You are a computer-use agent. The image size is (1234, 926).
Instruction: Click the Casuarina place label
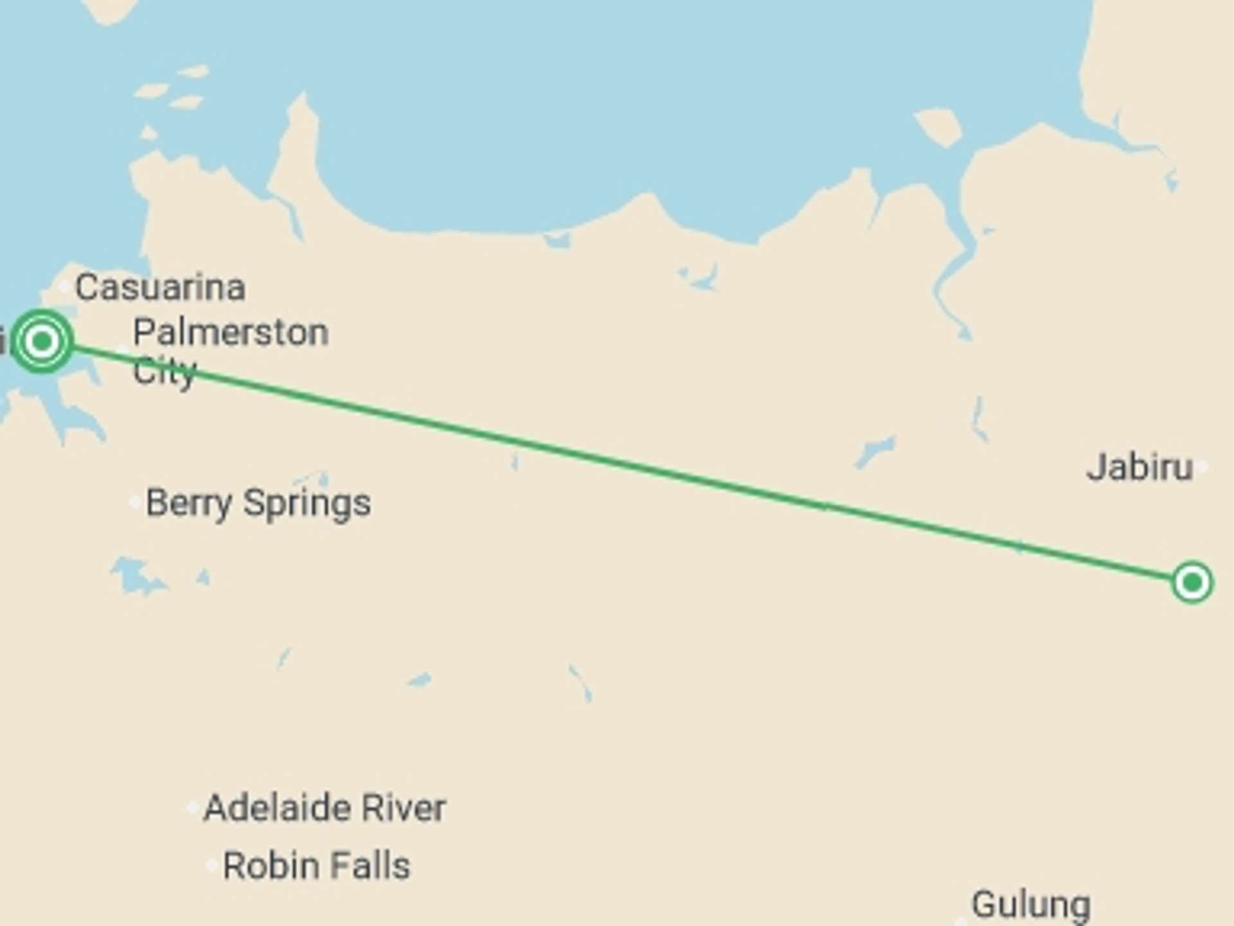[160, 287]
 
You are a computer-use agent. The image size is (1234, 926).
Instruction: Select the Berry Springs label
[258, 503]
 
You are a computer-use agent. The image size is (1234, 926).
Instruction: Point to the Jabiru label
[1140, 468]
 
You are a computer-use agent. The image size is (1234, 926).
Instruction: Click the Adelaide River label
[325, 808]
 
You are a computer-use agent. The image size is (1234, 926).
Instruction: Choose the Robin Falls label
[316, 866]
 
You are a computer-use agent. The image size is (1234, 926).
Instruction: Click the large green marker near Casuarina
[42, 341]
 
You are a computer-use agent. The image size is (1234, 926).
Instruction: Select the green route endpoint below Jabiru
[1192, 583]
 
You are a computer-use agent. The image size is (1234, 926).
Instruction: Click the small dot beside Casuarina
[64, 286]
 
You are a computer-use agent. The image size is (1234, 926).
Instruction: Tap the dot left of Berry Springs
[135, 502]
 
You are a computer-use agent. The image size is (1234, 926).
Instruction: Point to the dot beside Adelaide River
[193, 808]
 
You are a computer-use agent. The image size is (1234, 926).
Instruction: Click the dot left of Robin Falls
[211, 866]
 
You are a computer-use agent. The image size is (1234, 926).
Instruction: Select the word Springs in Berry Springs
[307, 503]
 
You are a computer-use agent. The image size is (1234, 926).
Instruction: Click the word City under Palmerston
[164, 372]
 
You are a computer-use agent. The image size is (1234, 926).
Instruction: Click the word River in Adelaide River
[404, 808]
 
